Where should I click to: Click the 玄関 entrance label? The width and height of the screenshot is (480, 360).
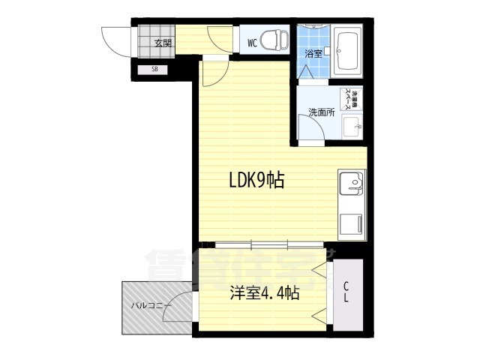click(163, 42)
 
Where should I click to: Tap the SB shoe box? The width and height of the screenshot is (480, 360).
click(155, 70)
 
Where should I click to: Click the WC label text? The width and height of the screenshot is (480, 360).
click(253, 43)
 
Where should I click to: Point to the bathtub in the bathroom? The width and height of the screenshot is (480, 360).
click(347, 52)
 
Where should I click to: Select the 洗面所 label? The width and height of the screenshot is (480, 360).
click(321, 112)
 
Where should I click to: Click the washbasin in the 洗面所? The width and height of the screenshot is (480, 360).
click(351, 125)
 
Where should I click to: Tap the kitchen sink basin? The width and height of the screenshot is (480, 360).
click(350, 182)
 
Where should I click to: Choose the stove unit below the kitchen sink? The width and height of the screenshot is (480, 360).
click(350, 223)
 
